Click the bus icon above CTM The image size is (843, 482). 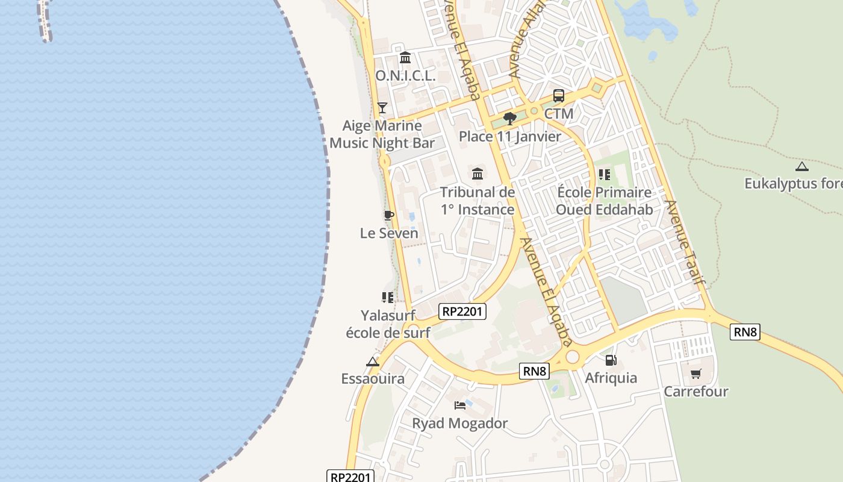click(x=559, y=96)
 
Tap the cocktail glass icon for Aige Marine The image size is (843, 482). click(x=382, y=108)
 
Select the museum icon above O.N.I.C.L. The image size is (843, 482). click(x=405, y=58)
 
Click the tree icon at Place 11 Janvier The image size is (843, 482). click(x=510, y=118)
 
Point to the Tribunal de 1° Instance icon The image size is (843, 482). click(x=477, y=174)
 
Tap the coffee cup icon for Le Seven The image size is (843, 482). click(x=389, y=215)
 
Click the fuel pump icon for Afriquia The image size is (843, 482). click(x=611, y=360)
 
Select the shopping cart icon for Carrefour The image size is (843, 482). click(x=695, y=374)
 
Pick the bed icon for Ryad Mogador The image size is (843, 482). click(x=460, y=405)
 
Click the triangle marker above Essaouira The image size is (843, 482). click(x=373, y=362)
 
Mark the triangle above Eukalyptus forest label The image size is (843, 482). click(x=801, y=166)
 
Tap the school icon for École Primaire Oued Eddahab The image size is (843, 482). click(x=604, y=175)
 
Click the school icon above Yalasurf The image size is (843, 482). click(x=388, y=297)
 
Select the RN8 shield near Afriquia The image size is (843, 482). click(x=534, y=372)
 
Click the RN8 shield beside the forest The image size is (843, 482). click(x=745, y=332)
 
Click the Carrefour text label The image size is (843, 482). click(x=695, y=392)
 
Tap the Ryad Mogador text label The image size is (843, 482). click(x=460, y=424)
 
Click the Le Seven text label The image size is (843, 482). click(x=389, y=233)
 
